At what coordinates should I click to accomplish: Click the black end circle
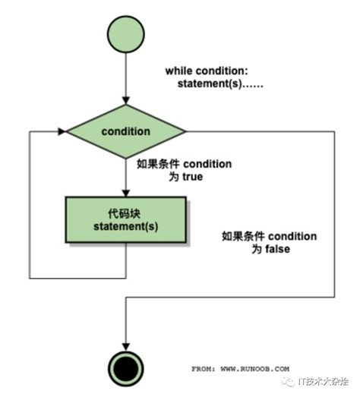(x=125, y=370)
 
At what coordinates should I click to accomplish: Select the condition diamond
(x=125, y=131)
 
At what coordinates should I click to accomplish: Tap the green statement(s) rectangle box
(x=125, y=221)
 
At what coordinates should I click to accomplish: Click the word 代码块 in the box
(x=125, y=213)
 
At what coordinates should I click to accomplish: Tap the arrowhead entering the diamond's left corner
(x=61, y=131)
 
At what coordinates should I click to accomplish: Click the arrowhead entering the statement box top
(x=125, y=191)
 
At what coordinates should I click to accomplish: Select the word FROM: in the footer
(x=205, y=368)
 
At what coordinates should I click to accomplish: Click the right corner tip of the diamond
(x=185, y=131)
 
